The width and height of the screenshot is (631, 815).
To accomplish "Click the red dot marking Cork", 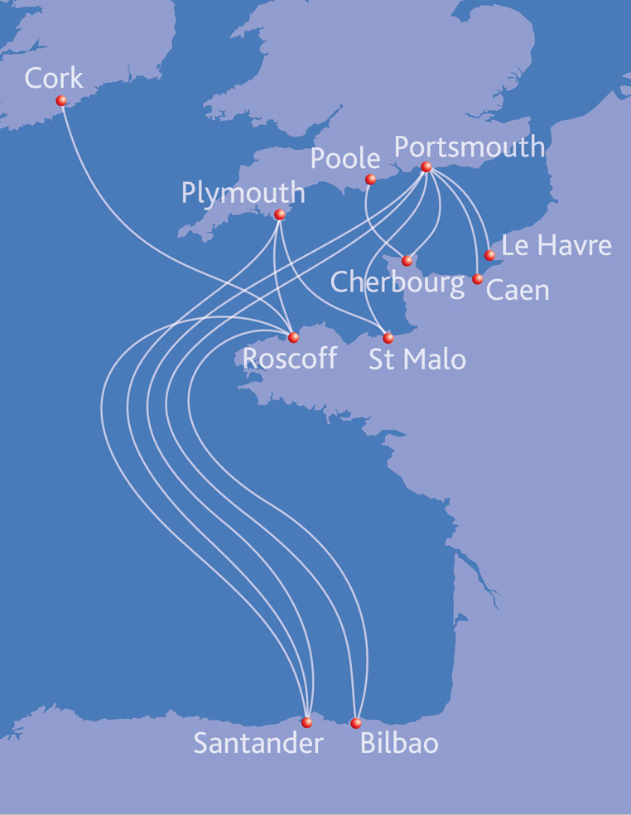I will (61, 100).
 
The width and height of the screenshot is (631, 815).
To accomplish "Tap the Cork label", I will (54, 78).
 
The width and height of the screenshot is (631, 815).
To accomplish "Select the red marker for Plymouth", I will (280, 215).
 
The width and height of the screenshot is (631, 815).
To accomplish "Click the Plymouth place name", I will (243, 194).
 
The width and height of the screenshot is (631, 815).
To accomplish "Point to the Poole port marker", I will (371, 179).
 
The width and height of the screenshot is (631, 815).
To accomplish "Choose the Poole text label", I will (346, 158).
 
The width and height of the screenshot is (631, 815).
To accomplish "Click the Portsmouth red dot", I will (426, 166).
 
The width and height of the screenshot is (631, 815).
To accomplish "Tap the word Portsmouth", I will (469, 147).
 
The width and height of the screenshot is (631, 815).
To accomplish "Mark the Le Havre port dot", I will (490, 254).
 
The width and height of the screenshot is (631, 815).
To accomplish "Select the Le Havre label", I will (556, 245).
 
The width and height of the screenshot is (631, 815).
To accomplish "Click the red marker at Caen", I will (477, 279).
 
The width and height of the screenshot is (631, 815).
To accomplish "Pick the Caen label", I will (517, 290).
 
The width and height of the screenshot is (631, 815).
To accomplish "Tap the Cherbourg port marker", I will (407, 261).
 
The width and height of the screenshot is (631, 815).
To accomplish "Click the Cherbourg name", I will (397, 282).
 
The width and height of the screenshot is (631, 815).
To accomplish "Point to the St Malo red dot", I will (388, 338).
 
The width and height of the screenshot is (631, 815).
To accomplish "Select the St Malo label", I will (417, 359).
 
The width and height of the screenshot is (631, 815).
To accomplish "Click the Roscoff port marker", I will (293, 337).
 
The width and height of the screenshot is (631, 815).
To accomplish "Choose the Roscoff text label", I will (290, 359).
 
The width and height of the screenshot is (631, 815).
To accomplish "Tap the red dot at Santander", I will (307, 722).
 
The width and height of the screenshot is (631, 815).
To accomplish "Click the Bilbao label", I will (399, 743).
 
